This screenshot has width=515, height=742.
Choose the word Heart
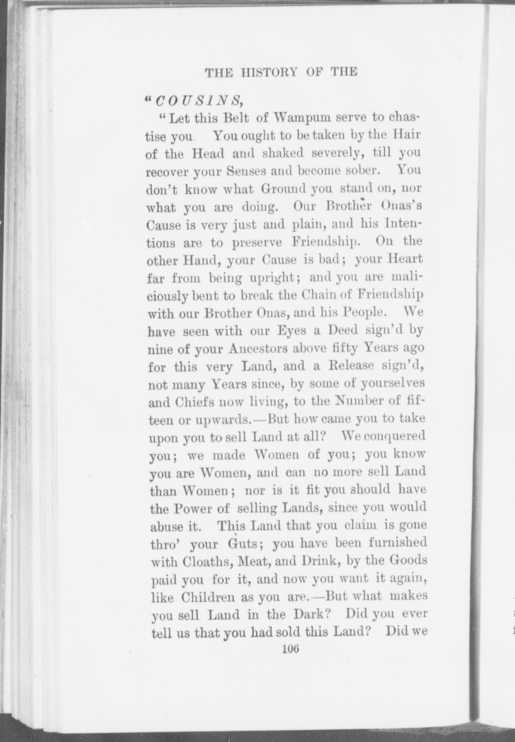click(405, 259)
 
